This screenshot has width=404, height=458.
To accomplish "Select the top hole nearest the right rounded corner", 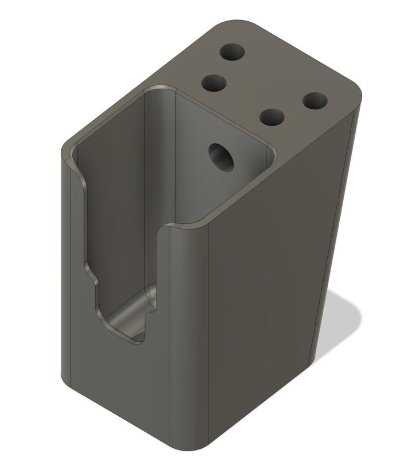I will pos(315,101).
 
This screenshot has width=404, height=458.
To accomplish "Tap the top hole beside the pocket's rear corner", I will pos(215,84).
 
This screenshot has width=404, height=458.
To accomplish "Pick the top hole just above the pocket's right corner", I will pos(272,117).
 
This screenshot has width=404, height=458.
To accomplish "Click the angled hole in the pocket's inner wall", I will pos(222,156).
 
